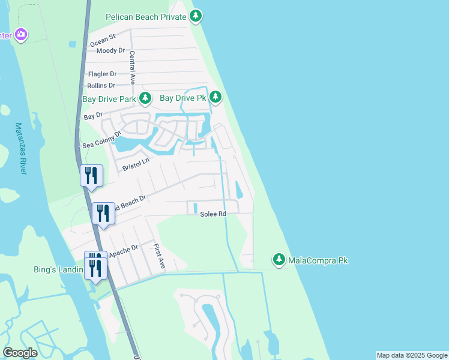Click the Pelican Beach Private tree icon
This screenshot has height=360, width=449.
point(196,17)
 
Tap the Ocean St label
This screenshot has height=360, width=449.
point(102,40)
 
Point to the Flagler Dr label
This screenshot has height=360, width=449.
point(102,74)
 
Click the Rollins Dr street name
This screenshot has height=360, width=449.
point(101,86)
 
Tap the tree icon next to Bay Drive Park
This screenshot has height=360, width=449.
point(145,98)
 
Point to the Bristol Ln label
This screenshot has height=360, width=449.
point(135,164)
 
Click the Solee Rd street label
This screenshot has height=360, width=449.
point(212,214)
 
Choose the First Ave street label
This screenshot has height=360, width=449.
point(158,255)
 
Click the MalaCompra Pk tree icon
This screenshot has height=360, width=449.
point(279,260)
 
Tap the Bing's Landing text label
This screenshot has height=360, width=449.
point(58,270)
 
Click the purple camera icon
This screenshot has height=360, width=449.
point(21,35)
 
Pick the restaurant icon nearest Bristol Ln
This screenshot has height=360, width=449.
point(91,176)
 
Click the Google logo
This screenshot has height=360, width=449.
point(20,353)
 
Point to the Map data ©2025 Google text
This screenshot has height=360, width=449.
point(411,355)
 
